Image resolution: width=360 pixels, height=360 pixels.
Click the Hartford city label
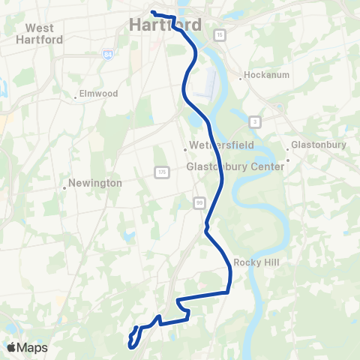click(x=165, y=25)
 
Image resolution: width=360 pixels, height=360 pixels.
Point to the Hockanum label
click(x=264, y=76)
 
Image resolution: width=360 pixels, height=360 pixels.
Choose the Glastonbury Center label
click(x=235, y=166)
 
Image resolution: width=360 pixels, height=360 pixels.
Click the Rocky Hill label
click(x=256, y=262)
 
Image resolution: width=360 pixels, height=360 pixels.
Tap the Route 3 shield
click(x=256, y=121)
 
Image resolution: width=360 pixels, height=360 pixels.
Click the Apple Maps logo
click(x=27, y=347)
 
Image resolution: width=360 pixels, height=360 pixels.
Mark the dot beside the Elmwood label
click(x=76, y=96)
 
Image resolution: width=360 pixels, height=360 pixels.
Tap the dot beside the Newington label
click(x=64, y=187)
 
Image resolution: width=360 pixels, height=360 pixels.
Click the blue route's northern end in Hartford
click(x=152, y=12)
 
